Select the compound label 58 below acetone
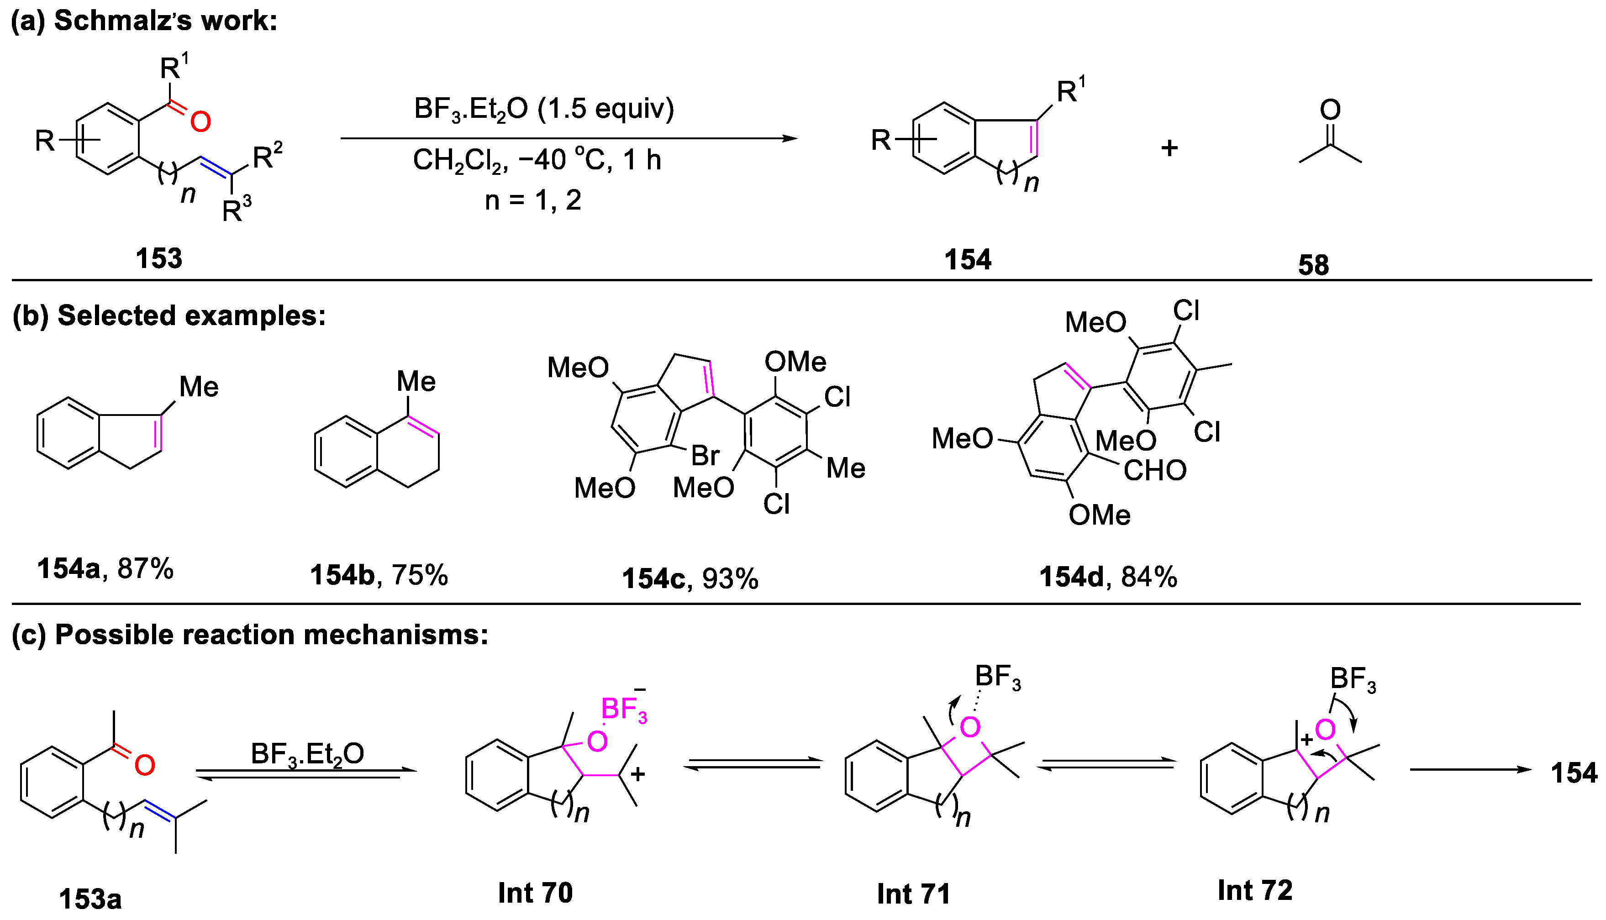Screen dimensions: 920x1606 pyautogui.click(x=1313, y=265)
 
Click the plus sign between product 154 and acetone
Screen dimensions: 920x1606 pyautogui.click(x=1169, y=148)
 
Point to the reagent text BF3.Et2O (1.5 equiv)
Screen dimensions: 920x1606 pyautogui.click(x=544, y=109)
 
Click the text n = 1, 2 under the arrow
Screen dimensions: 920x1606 pyautogui.click(x=532, y=200)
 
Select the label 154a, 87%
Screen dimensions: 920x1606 pyautogui.click(x=105, y=569)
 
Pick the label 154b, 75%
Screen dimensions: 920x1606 pyautogui.click(x=379, y=575)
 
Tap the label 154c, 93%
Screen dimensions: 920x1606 pyautogui.click(x=690, y=578)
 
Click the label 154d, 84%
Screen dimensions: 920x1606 pyautogui.click(x=1108, y=577)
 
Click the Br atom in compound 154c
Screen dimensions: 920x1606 pyautogui.click(x=705, y=455)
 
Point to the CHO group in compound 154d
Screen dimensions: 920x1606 pyautogui.click(x=1155, y=471)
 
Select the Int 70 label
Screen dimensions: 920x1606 pyautogui.click(x=535, y=893)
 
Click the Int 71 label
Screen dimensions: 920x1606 pyautogui.click(x=914, y=894)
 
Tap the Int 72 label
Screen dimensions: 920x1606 pyautogui.click(x=1255, y=890)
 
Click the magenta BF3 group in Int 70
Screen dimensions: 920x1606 pyautogui.click(x=624, y=710)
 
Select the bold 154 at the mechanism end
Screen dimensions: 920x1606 pyautogui.click(x=1574, y=773)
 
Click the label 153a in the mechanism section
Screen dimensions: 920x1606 pyautogui.click(x=90, y=899)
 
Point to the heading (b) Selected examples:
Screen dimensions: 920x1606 pyautogui.click(x=168, y=315)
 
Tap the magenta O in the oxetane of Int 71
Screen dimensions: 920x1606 pyautogui.click(x=969, y=728)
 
